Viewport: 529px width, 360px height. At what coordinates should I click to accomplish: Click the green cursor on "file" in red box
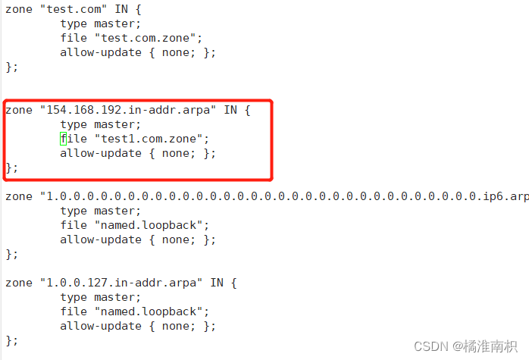[x=62, y=139]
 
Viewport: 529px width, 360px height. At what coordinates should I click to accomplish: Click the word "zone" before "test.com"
[x=18, y=9]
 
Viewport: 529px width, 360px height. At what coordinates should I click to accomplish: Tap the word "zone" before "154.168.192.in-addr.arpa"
[x=18, y=110]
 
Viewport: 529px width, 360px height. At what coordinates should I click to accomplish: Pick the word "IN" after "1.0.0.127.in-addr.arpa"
[x=217, y=283]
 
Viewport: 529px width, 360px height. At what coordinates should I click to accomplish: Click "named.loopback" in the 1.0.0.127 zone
[x=151, y=311]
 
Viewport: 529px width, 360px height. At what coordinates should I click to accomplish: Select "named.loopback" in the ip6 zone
[x=151, y=225]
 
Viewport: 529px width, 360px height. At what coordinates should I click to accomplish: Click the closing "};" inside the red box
[x=11, y=167]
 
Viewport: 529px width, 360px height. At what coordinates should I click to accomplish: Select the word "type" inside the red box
[x=74, y=124]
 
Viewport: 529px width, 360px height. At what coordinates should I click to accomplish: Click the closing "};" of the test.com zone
[x=11, y=67]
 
